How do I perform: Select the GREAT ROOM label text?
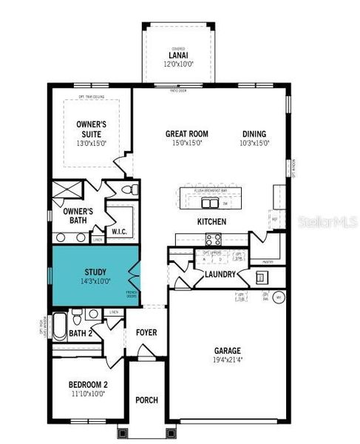click(x=186, y=134)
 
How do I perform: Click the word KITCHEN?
click(x=211, y=222)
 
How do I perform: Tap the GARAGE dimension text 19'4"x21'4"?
click(x=223, y=361)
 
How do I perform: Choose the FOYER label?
click(x=146, y=333)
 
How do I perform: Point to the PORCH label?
click(x=146, y=400)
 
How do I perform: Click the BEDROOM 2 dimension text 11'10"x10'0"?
click(x=88, y=394)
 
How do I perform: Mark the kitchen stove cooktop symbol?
click(x=213, y=239)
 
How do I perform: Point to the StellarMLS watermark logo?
click(x=327, y=221)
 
